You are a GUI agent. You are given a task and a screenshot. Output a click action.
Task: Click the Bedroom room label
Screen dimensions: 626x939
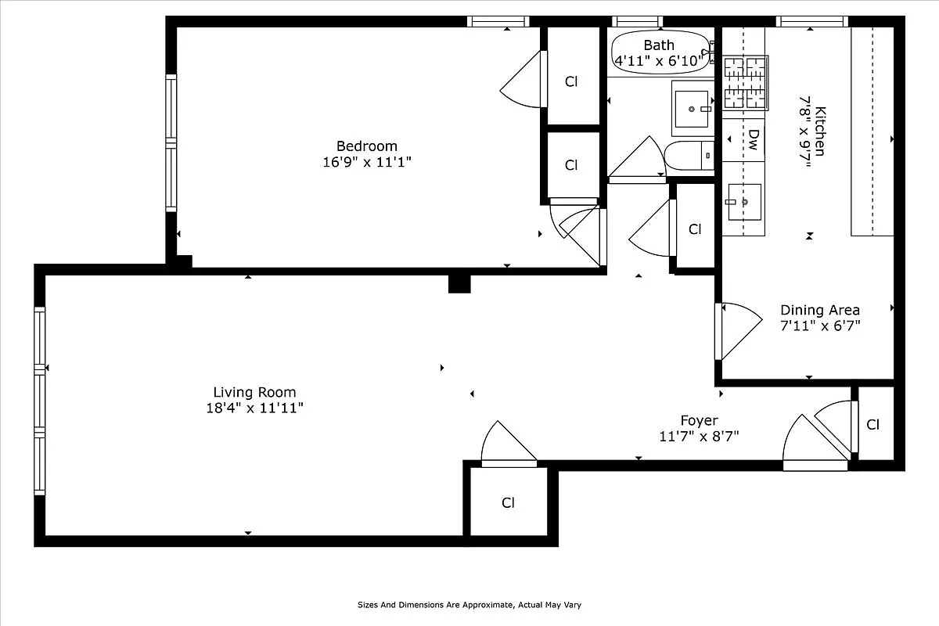tap(366, 146)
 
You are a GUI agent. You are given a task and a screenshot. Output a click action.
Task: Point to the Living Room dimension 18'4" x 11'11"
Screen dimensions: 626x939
tap(254, 408)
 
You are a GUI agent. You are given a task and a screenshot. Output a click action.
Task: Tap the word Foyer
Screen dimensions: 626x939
tap(698, 420)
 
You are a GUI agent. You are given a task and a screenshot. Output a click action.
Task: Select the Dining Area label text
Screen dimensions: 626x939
tap(819, 310)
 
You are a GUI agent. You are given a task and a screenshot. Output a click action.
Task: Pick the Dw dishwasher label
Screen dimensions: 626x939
tap(753, 140)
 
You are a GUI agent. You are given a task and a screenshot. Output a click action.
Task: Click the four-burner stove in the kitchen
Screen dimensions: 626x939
tap(744, 81)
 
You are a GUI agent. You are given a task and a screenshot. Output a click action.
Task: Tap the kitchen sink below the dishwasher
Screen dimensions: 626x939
tap(743, 202)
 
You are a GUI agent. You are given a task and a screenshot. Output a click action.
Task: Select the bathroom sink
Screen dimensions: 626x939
tap(692, 108)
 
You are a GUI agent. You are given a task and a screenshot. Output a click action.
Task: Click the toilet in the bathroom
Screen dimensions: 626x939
tap(689, 156)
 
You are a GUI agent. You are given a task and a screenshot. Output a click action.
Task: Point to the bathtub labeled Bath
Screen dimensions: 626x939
tap(660, 52)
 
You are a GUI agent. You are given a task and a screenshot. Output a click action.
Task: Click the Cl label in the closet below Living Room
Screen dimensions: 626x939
tap(508, 502)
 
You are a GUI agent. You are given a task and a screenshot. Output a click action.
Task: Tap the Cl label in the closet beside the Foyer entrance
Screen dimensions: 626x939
tap(873, 424)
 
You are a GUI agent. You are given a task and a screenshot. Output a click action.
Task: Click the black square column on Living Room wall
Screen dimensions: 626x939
tap(459, 283)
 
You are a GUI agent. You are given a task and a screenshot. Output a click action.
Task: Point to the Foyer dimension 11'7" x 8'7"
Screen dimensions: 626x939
tap(699, 436)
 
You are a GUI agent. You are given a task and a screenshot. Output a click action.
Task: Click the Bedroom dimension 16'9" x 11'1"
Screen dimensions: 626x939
tap(366, 162)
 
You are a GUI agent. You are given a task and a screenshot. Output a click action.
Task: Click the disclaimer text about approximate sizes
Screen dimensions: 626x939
tap(469, 605)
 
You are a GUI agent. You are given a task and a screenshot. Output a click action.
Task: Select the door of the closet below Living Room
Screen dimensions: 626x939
tap(508, 447)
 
